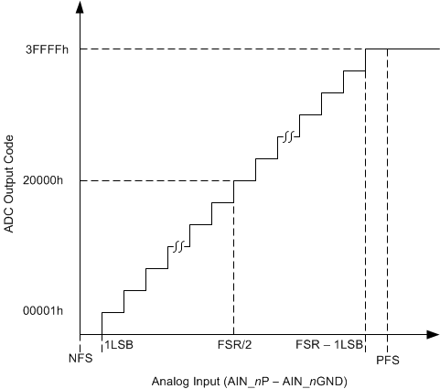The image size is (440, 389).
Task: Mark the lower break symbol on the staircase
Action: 178,246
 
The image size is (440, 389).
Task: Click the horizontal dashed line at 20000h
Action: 156,180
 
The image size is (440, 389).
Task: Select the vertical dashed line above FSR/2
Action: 233,265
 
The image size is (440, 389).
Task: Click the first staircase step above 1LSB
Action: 112,312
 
